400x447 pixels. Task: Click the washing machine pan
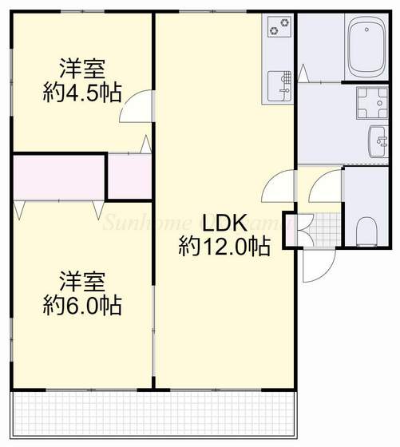click(370, 103)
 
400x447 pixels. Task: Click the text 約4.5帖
click(81, 93)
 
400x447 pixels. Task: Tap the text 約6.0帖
click(81, 305)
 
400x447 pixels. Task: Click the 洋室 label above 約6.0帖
click(81, 281)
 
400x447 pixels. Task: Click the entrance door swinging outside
click(314, 267)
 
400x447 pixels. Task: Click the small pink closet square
click(130, 176)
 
